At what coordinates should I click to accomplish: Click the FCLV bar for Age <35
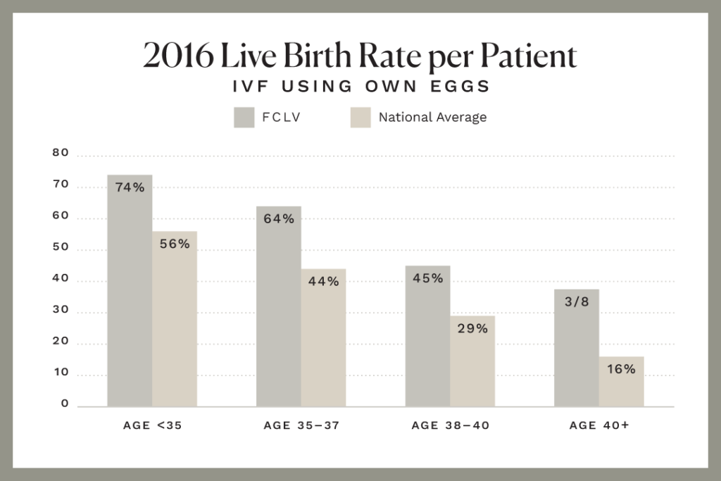(x=130, y=296)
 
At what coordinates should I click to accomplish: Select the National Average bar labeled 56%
(x=174, y=324)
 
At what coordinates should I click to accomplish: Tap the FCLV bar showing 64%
(x=279, y=310)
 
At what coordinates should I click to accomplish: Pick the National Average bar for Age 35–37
(x=323, y=342)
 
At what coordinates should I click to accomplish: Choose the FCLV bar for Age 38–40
(x=427, y=338)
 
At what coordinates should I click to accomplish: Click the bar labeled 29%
(x=472, y=363)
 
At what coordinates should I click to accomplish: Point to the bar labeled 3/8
(x=577, y=349)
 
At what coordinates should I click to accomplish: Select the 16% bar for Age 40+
(x=621, y=384)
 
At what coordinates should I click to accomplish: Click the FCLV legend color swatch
(x=244, y=118)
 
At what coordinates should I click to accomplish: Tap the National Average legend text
(x=432, y=118)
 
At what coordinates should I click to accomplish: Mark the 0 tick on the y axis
(x=64, y=404)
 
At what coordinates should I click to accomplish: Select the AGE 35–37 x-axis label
(x=301, y=425)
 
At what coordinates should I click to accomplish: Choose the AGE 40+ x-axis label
(x=598, y=425)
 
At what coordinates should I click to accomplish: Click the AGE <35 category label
(x=151, y=425)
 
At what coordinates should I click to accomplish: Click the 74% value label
(x=130, y=188)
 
